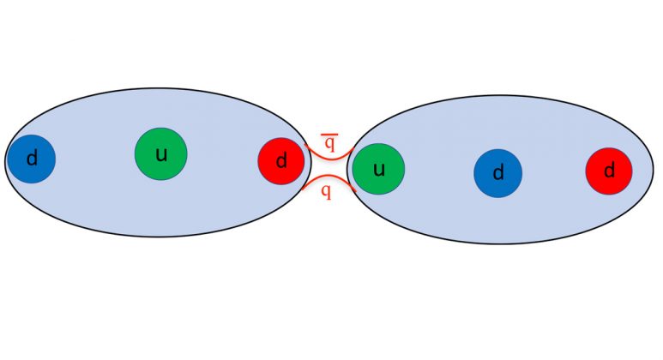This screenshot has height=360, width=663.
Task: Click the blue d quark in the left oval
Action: pos(32,159)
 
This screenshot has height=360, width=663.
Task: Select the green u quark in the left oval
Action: pos(160,153)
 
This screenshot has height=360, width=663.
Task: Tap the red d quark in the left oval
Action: pos(281,161)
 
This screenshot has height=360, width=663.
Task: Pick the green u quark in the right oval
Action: pos(378,169)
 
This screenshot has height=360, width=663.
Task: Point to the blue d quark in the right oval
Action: pos(498,173)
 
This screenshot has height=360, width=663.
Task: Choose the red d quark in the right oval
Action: pos(609,171)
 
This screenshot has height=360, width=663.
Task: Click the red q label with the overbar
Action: pos(329,142)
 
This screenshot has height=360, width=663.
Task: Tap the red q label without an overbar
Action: pos(326,191)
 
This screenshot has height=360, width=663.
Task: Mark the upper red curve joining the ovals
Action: pos(329,159)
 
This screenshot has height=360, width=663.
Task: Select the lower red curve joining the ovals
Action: pos(329,176)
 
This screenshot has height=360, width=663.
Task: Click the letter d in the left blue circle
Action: pos(32,158)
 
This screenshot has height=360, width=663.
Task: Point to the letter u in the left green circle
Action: pos(161,155)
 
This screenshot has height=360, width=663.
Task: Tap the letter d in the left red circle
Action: pos(281,160)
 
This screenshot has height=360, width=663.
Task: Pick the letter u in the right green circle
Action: pos(379,170)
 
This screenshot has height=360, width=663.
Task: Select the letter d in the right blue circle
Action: pos(498,172)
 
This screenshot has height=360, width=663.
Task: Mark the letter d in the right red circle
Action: pos(609,170)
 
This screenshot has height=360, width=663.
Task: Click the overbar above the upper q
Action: pos(329,135)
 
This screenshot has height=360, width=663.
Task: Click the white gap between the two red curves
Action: pos(329,168)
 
